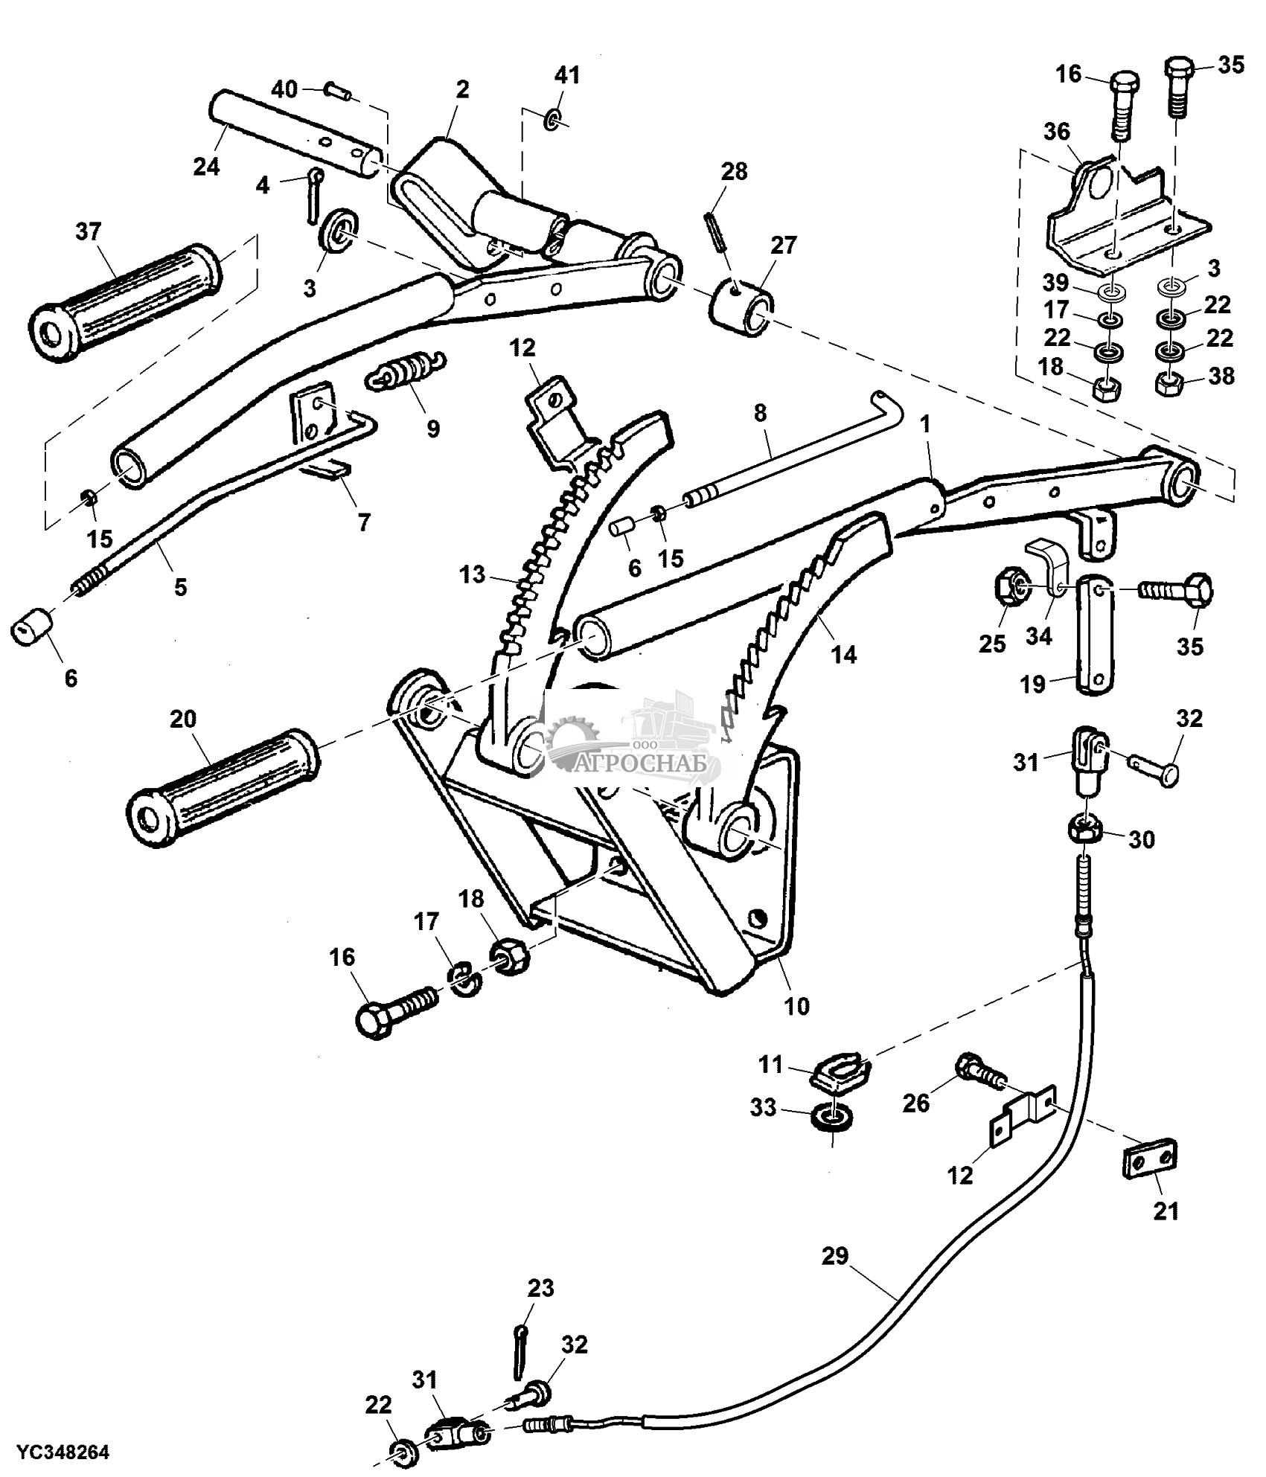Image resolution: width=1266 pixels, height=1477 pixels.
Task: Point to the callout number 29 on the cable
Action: coord(835,1256)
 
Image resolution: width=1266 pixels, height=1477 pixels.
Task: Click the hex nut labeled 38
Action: coord(1171,384)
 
